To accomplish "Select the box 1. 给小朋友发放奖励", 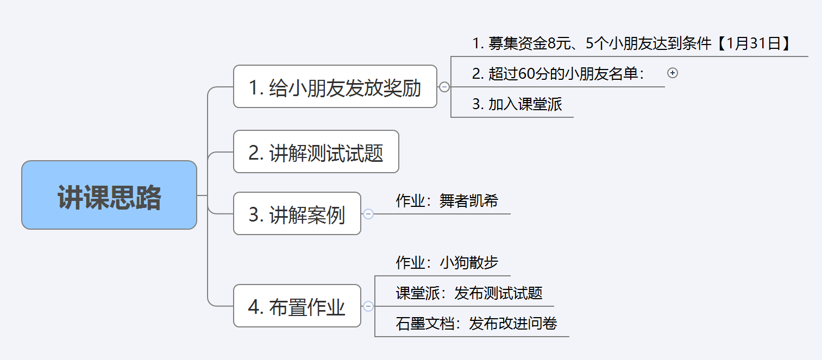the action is [x=335, y=87].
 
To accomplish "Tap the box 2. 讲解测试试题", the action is [x=316, y=152].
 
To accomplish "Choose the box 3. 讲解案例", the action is [x=297, y=214].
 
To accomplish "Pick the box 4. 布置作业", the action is [x=297, y=306].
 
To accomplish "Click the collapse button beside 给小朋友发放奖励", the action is [x=444, y=87].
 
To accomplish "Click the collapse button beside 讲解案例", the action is [x=368, y=214].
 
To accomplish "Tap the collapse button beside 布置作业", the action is [x=368, y=306].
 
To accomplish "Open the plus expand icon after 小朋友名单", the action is [x=673, y=73].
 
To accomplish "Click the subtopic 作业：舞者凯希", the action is [x=447, y=201].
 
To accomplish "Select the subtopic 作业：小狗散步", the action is [x=447, y=263].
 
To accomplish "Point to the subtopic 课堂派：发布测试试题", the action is [x=469, y=293].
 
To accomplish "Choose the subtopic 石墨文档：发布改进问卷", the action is [x=476, y=324].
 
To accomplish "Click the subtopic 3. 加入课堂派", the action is [x=517, y=104].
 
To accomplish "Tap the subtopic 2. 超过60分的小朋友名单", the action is [x=557, y=74].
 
